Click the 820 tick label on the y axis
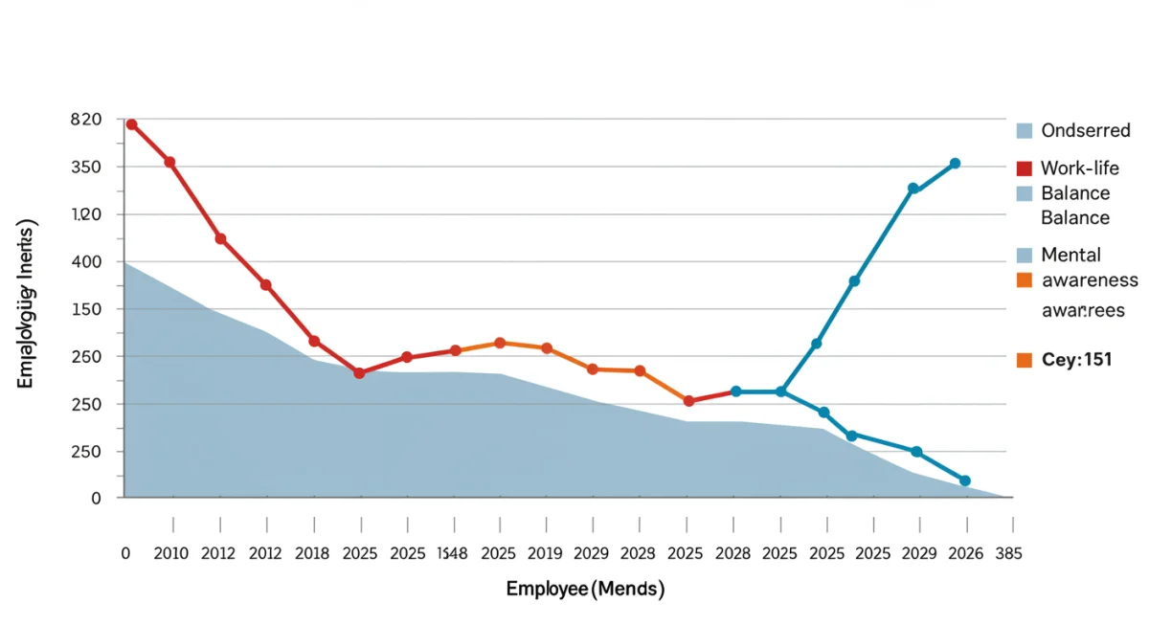(x=86, y=120)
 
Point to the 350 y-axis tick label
(x=86, y=167)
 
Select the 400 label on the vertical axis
(x=86, y=261)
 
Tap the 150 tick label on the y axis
(x=86, y=309)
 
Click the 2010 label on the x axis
(x=172, y=554)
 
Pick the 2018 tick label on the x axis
(x=313, y=554)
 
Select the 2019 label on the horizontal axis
(x=546, y=554)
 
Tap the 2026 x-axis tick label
(x=965, y=554)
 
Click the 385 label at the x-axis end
(x=1008, y=554)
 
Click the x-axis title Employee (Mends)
(x=584, y=590)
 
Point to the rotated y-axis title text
(x=27, y=303)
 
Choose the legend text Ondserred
(x=1086, y=130)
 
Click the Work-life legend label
(x=1079, y=168)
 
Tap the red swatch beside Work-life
(x=1024, y=168)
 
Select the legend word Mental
(x=1070, y=255)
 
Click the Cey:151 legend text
(x=1075, y=360)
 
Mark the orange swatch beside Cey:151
(x=1024, y=360)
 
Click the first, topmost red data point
(x=131, y=124)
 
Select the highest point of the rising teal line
(x=955, y=164)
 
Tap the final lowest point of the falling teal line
(x=965, y=481)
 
